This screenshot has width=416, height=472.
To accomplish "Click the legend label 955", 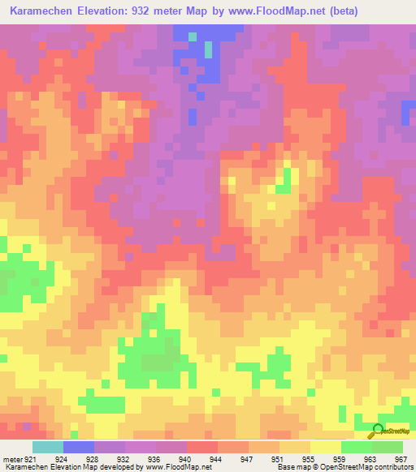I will pyautogui.click(x=305, y=458).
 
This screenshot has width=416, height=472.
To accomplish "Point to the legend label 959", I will pyautogui.click(x=336, y=458).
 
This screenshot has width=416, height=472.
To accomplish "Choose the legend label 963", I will pyautogui.click(x=367, y=458).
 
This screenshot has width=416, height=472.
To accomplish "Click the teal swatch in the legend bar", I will pyautogui.click(x=48, y=447).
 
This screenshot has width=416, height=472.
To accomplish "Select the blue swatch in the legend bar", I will pyautogui.click(x=79, y=447).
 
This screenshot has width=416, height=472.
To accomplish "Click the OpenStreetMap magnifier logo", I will pyautogui.click(x=378, y=431).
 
